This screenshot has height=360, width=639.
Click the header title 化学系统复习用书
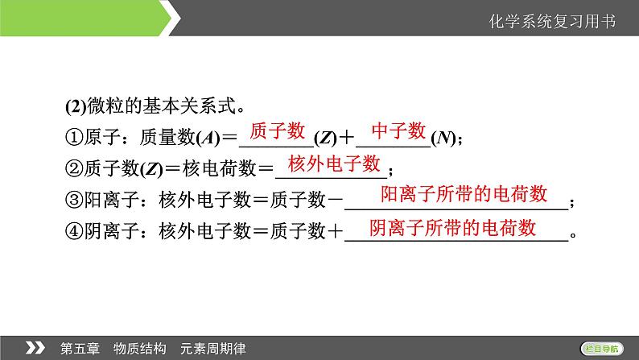552,22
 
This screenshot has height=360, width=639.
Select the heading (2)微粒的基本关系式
155,106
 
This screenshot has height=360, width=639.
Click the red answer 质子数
277,130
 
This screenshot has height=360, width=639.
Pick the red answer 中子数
398,130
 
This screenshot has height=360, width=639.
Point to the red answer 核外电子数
334,163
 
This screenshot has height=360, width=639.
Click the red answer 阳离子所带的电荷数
464,193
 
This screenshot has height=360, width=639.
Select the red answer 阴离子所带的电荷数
452,227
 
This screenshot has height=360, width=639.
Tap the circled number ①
74,138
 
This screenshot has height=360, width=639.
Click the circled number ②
74,168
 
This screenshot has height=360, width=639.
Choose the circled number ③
74,200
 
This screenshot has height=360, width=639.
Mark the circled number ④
74,231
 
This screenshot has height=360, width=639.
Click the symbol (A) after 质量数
208,138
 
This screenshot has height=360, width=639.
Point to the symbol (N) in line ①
443,138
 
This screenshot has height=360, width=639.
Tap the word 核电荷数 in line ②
219,168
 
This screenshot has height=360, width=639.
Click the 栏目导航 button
601,349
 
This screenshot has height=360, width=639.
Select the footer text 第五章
80,349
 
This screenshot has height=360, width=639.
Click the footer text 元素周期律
212,349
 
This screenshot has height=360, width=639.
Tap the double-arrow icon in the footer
35,348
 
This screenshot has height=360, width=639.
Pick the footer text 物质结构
140,349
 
